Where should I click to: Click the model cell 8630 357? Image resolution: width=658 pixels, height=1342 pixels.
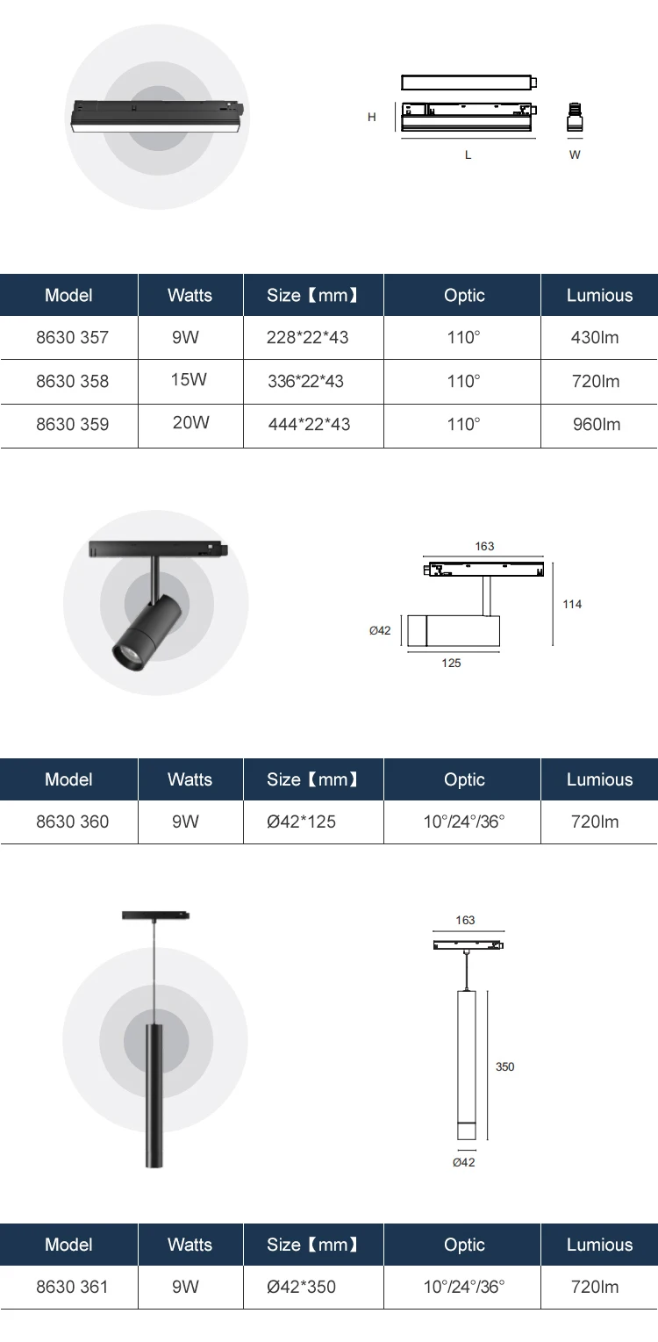tap(73, 338)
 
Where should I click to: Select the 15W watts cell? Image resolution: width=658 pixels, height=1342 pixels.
tap(190, 380)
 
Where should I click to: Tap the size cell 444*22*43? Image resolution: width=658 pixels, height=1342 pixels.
tap(309, 425)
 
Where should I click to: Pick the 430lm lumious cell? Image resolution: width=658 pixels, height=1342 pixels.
tap(596, 338)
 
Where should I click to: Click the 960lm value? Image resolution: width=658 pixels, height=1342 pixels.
tap(596, 425)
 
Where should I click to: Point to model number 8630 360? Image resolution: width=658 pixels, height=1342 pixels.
tap(73, 822)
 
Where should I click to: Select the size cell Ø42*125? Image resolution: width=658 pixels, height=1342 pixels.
tap(302, 822)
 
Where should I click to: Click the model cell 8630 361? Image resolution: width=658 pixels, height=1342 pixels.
tap(73, 1288)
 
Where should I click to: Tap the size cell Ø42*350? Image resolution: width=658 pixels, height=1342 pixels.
tap(302, 1288)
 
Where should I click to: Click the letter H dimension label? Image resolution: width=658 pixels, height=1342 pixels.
tap(372, 117)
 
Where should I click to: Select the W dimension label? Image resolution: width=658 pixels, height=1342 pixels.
tap(575, 155)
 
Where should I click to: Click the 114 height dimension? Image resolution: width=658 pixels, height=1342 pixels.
tap(572, 605)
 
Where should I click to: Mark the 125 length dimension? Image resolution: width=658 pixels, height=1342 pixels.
tap(451, 664)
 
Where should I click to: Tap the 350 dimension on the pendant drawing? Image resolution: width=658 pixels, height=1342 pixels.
tap(505, 1067)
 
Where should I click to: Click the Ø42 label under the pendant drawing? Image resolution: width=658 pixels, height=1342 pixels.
tap(464, 1163)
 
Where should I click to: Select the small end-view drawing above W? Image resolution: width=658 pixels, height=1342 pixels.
tap(576, 118)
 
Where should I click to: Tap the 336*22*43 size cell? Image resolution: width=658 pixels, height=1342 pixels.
tap(306, 382)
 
